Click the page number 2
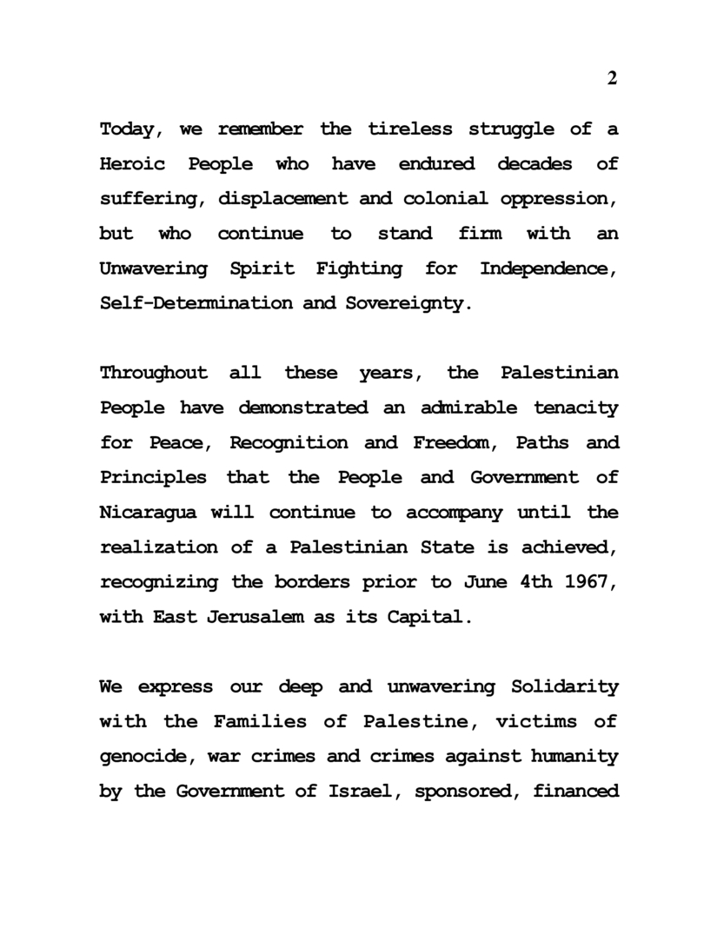coord(612,78)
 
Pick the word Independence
coord(548,268)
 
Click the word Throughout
coord(154,373)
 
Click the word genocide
coord(150,756)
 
